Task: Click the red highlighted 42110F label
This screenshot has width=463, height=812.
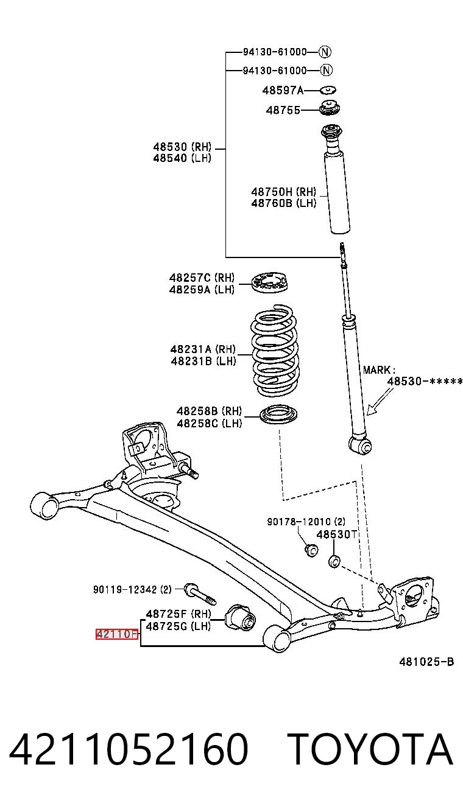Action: (117, 634)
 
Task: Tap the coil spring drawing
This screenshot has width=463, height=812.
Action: (275, 351)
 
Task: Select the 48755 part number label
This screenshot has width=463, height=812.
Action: (283, 110)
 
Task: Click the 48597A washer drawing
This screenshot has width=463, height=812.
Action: (328, 89)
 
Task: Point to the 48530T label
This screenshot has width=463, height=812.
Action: (337, 534)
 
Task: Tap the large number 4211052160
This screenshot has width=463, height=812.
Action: (129, 749)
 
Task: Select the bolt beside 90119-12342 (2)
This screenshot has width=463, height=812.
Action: (200, 594)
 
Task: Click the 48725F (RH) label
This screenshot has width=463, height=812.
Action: (178, 614)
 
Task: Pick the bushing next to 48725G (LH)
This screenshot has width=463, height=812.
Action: (240, 617)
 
